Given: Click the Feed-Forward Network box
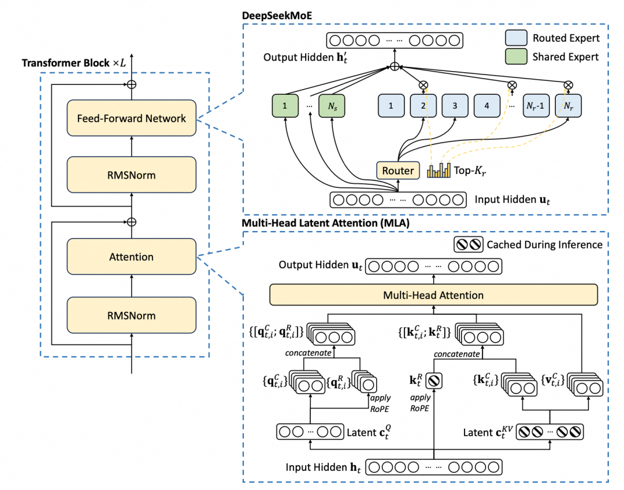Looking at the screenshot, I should pos(132,118).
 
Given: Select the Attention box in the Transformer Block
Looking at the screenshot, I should pos(132,257).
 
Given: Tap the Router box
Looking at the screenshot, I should pos(398,170).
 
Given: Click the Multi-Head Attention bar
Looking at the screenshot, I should pos(433,295).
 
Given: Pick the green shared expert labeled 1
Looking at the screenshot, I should pos(284,106).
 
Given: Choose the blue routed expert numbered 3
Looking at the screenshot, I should pos(455,106).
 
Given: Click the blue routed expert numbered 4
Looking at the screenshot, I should pos(487,106).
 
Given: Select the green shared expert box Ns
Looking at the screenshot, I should pos(332,106).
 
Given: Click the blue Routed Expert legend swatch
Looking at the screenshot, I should pos(515,39).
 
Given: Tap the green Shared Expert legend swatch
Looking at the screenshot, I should pos(515,57).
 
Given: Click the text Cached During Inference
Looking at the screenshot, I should pos(544,244).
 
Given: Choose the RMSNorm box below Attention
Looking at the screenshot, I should pos(132,315).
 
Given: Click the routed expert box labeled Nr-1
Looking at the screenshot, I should pos(536,106).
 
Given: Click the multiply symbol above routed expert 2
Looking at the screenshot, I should pos(423,85).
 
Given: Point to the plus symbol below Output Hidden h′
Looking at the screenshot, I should pos(394,66).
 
